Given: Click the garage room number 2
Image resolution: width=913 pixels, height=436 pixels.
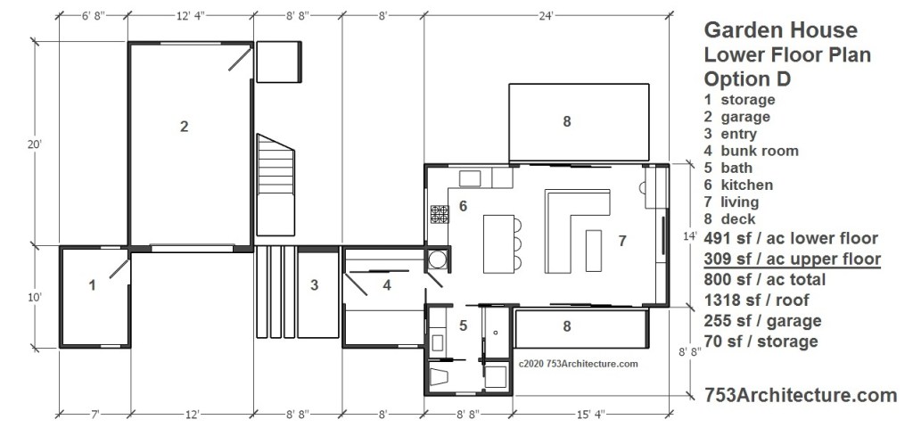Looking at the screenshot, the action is click(184, 127).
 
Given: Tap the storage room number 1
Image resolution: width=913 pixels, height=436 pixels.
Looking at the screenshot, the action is click(92, 285).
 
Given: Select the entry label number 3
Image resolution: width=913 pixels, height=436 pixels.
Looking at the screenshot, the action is click(315, 285).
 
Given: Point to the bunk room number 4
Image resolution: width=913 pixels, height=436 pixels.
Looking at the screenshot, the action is click(387, 286).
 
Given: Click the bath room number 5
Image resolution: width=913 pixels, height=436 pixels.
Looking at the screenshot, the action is click(464, 326).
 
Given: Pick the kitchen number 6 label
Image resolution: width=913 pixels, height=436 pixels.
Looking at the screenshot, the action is click(464, 206).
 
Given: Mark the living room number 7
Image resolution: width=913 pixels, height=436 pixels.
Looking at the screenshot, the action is click(622, 241).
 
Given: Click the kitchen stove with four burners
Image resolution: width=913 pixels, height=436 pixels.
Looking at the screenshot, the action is click(440, 214).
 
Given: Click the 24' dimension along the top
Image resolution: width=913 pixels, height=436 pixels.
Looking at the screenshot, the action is click(546, 16).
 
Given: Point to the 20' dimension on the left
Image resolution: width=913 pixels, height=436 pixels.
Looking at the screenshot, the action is click(35, 144).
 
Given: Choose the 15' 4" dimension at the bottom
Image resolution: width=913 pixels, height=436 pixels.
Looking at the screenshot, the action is click(593, 415).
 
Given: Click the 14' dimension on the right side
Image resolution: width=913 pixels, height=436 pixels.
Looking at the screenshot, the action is click(690, 236).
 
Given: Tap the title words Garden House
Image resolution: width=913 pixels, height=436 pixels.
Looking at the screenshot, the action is click(781, 29).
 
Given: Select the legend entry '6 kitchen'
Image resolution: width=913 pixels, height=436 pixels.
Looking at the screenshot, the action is click(738, 185).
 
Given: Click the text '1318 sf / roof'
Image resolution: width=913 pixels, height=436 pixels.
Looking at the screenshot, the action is click(756, 300).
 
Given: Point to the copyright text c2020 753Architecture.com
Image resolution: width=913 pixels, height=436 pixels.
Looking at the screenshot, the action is click(578, 365).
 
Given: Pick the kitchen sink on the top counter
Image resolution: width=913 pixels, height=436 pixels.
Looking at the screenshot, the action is click(470, 178).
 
